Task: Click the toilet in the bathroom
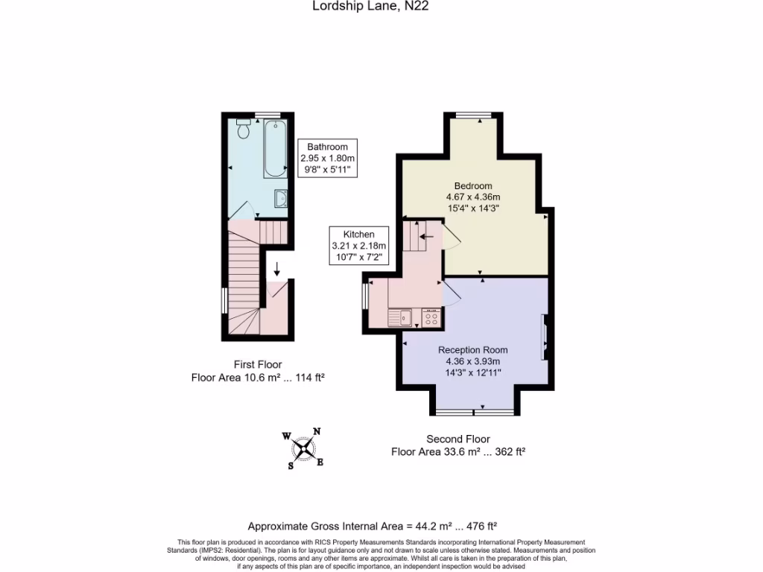(x=244, y=130)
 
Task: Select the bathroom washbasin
(x=282, y=198)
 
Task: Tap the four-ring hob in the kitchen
(x=431, y=318)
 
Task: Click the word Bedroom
(x=473, y=185)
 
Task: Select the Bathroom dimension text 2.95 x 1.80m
(x=328, y=159)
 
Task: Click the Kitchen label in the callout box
(x=358, y=234)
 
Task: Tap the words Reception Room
(x=473, y=350)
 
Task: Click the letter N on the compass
(x=317, y=431)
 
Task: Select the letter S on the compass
(x=291, y=466)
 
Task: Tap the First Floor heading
(x=257, y=365)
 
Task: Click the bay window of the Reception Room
(x=473, y=412)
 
